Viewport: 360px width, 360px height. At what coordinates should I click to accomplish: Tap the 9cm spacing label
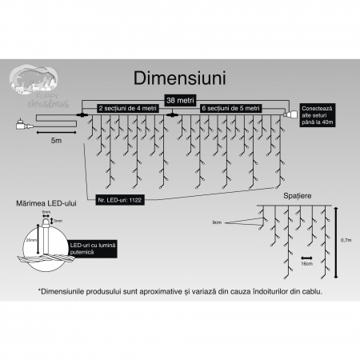217,222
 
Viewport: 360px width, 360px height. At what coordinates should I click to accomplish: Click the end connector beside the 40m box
290,118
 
